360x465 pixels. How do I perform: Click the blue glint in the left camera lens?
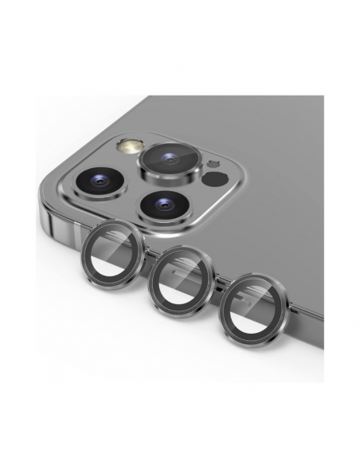100,182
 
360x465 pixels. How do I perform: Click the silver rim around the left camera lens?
84,190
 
